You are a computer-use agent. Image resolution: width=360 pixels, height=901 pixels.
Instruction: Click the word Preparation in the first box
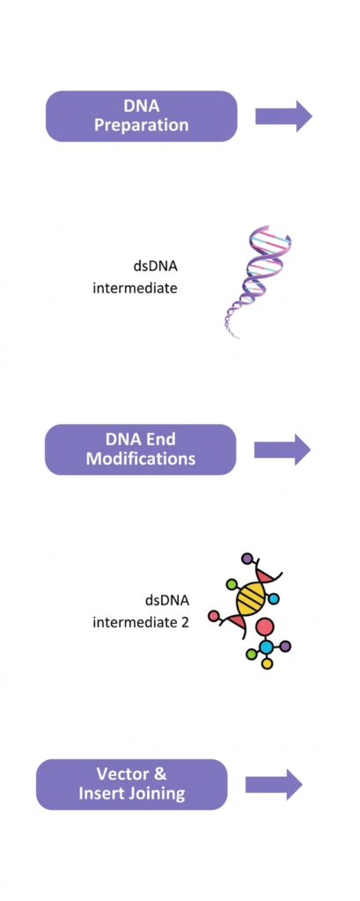pyautogui.click(x=141, y=125)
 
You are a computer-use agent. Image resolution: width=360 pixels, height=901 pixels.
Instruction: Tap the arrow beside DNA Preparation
pyautogui.click(x=283, y=116)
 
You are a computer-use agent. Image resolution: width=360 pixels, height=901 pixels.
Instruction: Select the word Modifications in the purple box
pyautogui.click(x=140, y=459)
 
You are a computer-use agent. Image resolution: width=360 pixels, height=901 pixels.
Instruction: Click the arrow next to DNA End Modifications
pyautogui.click(x=283, y=450)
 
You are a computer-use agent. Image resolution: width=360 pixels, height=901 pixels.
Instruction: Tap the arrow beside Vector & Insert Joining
pyautogui.click(x=274, y=784)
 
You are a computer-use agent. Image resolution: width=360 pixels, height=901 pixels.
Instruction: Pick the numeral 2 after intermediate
pyautogui.click(x=185, y=622)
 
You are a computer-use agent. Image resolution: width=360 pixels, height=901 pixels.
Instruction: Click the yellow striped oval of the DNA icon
pyautogui.click(x=253, y=598)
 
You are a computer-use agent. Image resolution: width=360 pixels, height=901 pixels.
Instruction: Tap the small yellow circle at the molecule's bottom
pyautogui.click(x=267, y=663)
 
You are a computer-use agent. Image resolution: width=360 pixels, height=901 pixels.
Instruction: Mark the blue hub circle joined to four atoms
pyautogui.click(x=266, y=647)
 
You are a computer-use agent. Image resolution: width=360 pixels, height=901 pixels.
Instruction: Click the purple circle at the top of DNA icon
pyautogui.click(x=246, y=557)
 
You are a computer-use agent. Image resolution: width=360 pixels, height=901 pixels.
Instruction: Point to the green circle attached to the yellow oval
pyautogui.click(x=232, y=585)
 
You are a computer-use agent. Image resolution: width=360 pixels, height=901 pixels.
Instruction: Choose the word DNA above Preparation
pyautogui.click(x=141, y=106)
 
